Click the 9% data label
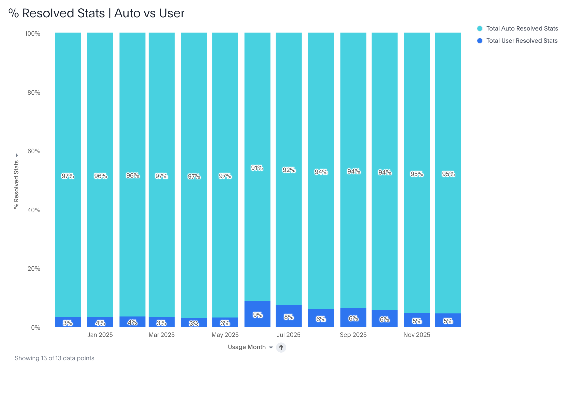[x=257, y=315]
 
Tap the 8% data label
[x=289, y=317]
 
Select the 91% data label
[x=257, y=168]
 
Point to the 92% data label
[x=289, y=170]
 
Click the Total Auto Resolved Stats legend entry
[x=522, y=28]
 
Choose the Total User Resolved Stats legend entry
[x=522, y=41]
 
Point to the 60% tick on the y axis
[x=34, y=151]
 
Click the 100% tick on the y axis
[x=33, y=34]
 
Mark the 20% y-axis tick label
[x=34, y=269]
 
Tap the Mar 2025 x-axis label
[x=161, y=335]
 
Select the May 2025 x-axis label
[x=225, y=335]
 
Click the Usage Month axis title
[x=247, y=347]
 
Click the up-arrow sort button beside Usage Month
[x=281, y=347]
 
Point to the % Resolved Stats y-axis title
[x=16, y=184]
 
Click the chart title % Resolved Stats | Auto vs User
[x=96, y=13]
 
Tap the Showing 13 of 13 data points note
[x=55, y=358]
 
